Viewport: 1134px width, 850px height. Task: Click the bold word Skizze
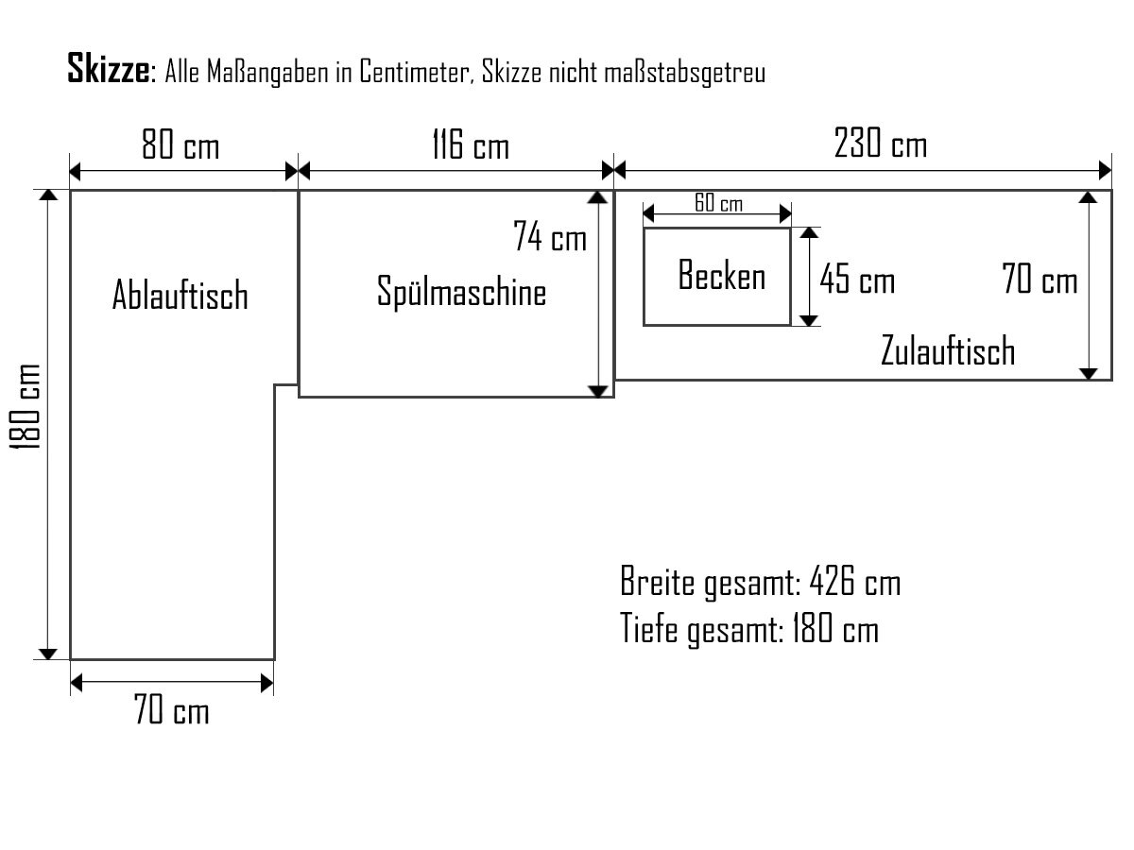pyautogui.click(x=108, y=69)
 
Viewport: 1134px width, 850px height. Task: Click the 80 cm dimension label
pyautogui.click(x=180, y=146)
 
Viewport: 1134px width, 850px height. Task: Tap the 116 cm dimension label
pyautogui.click(x=470, y=146)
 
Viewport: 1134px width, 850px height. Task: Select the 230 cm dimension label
pyautogui.click(x=881, y=144)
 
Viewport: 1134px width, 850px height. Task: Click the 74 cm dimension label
pyautogui.click(x=550, y=237)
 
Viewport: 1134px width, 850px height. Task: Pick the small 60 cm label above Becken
pyautogui.click(x=718, y=204)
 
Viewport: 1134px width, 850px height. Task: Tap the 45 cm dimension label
pyautogui.click(x=857, y=280)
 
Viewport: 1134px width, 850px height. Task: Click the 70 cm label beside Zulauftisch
pyautogui.click(x=1039, y=280)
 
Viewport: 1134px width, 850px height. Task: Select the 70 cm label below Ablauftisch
pyautogui.click(x=171, y=710)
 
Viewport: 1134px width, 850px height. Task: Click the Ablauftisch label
pyautogui.click(x=180, y=295)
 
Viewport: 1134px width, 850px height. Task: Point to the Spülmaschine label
pyautogui.click(x=461, y=291)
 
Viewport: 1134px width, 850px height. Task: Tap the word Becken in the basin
pyautogui.click(x=722, y=277)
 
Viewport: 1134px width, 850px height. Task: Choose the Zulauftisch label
pyautogui.click(x=947, y=350)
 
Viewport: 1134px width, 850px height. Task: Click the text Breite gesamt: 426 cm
pyautogui.click(x=760, y=582)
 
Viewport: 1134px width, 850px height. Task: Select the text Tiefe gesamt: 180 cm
pyautogui.click(x=748, y=628)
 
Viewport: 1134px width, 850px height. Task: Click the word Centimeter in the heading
pyautogui.click(x=415, y=74)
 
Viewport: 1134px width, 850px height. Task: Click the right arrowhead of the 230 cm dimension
pyautogui.click(x=1106, y=171)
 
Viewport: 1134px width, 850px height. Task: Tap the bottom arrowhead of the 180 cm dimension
pyautogui.click(x=48, y=653)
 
